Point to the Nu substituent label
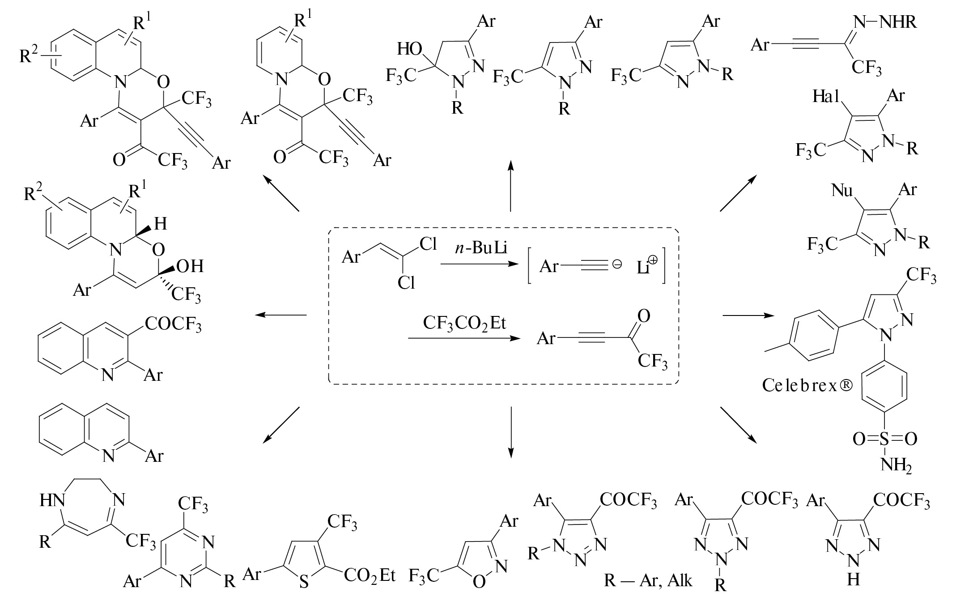842,190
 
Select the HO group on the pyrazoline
409,50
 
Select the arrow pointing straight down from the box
510,432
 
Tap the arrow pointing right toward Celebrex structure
748,316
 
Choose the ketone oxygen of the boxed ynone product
643,317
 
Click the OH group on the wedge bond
190,266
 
